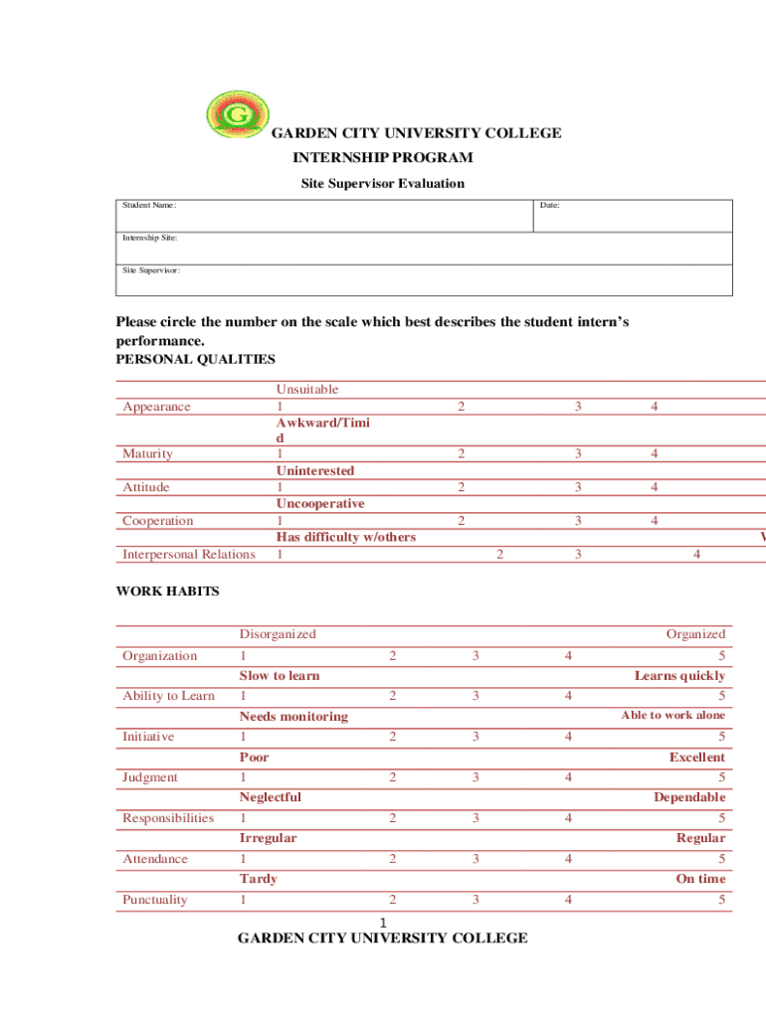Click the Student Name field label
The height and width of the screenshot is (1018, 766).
[x=149, y=206]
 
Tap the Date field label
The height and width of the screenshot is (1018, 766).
[x=549, y=206]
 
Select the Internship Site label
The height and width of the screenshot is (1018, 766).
[x=150, y=239]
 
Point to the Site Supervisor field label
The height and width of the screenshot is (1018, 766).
[x=151, y=270]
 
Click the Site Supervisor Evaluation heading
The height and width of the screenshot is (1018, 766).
[x=382, y=183]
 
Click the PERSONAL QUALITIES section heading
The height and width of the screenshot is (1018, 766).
[x=196, y=359]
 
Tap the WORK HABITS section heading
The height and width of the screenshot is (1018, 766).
[x=167, y=592]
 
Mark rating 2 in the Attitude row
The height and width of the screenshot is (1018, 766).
[x=460, y=487]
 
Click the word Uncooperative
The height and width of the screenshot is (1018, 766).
[x=320, y=504]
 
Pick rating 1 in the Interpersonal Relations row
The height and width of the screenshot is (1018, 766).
[x=280, y=555]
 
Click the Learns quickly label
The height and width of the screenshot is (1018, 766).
[x=679, y=676]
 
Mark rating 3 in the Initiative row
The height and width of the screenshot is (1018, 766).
[x=477, y=737]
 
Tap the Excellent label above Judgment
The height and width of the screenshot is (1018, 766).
[x=696, y=758]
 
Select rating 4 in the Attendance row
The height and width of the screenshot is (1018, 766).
[x=568, y=859]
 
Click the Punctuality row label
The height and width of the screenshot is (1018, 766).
[x=161, y=901]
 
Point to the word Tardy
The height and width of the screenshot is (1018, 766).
[x=259, y=879]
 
